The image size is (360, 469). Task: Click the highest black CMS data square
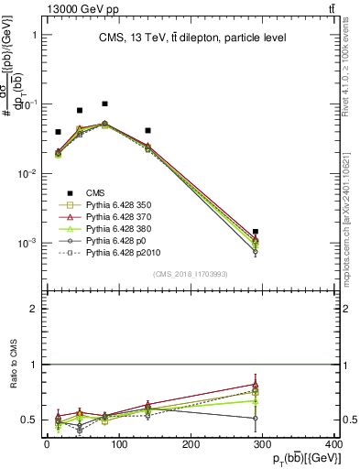105,104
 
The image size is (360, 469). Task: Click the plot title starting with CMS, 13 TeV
192,38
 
